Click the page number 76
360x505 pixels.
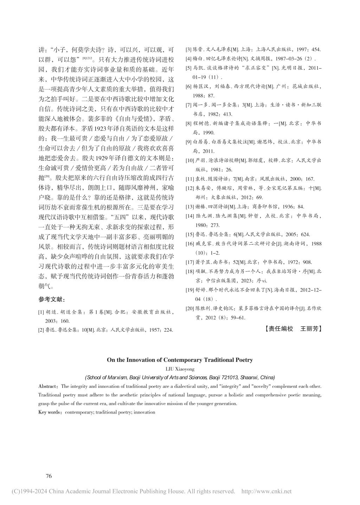coord(49,476)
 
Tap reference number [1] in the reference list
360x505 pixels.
coord(41,312)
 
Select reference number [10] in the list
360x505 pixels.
coord(189,160)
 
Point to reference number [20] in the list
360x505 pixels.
coord(189,308)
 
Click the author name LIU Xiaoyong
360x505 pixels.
coord(180,369)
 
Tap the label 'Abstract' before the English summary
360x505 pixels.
coord(48,386)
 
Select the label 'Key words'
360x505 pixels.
coord(50,412)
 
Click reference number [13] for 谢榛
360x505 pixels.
coord(189,206)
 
